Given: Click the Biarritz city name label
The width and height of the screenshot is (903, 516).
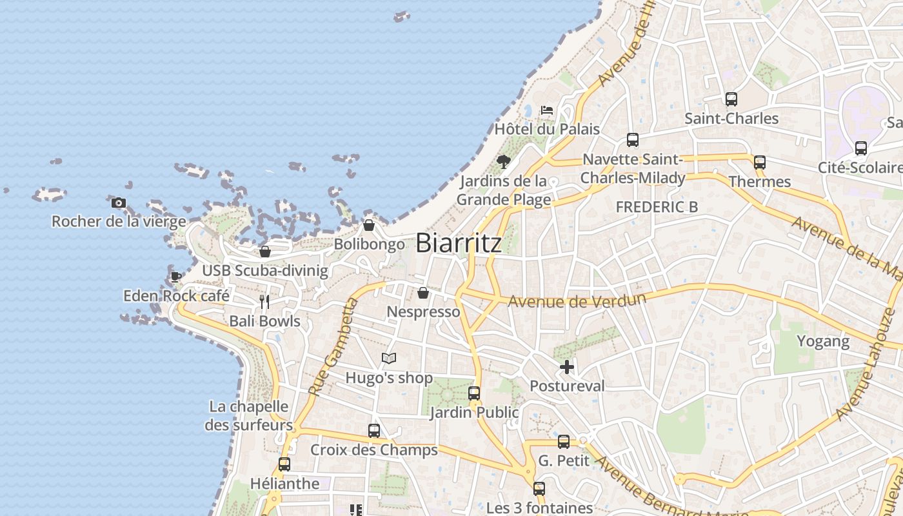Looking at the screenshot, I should point(459,243).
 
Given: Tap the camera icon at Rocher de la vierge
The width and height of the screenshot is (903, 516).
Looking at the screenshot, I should point(118,203).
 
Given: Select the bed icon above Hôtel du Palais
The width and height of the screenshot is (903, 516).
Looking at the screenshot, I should point(547,110).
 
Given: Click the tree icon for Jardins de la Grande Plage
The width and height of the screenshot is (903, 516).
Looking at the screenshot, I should point(504,161).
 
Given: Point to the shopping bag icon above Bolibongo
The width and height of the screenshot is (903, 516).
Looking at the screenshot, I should point(369,225).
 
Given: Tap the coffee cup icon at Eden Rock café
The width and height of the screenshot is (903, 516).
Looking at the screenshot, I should point(176,277).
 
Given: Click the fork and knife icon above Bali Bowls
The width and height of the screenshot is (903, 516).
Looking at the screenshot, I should point(264,302).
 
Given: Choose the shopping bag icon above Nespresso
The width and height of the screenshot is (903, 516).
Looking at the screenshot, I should point(423,293).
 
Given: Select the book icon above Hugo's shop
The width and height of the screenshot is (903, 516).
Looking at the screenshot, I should point(388,358).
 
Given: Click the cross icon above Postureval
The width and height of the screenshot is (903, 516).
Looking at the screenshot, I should point(567,367).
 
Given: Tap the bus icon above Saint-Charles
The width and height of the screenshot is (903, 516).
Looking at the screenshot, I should point(731,99).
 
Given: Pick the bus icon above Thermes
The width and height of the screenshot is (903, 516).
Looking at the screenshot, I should point(760,163).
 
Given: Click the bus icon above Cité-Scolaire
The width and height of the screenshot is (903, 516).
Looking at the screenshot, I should point(861,148).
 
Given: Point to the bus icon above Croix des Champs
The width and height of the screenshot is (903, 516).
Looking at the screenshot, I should point(374,430).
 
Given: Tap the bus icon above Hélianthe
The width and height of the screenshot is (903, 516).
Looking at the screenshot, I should point(284,464).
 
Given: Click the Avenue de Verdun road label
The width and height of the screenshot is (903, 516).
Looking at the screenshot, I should point(577,301).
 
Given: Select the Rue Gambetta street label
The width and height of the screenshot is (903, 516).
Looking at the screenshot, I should point(333,347).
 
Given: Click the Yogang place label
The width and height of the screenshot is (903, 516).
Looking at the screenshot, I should point(823,341).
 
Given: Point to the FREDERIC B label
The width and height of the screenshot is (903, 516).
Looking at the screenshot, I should point(657,207).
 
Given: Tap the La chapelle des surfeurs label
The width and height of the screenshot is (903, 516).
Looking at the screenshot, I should point(249,416).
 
